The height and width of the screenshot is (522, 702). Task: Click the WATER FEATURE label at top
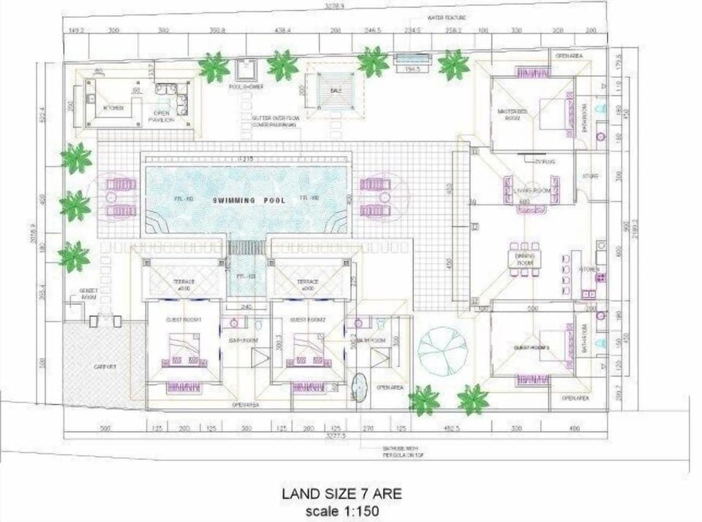tap(448, 17)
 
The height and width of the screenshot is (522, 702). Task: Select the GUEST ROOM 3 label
tap(532, 347)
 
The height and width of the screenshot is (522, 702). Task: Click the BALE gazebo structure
tap(335, 90)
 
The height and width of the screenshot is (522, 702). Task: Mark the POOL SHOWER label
tap(246, 86)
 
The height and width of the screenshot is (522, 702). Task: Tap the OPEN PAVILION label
tap(163, 116)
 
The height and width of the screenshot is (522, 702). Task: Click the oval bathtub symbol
tap(360, 387)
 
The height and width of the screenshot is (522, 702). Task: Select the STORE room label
tap(590, 176)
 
